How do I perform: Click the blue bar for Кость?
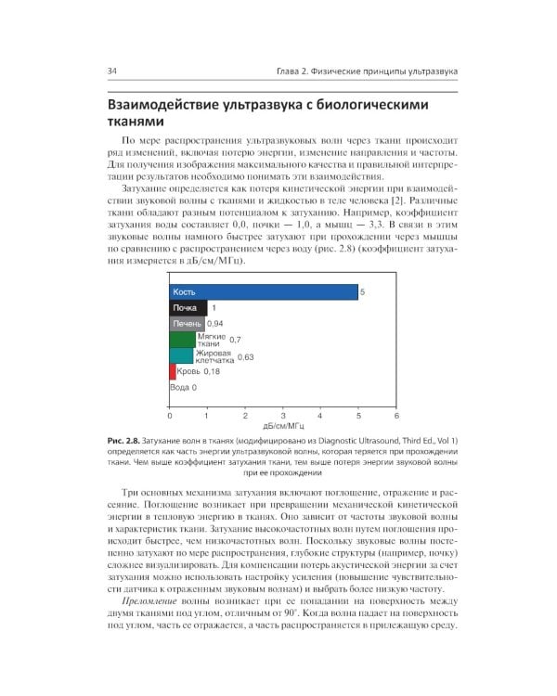263,291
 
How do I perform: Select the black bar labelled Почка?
188,308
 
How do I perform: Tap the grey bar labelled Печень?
187,324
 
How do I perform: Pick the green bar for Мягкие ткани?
182,340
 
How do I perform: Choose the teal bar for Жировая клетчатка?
181,355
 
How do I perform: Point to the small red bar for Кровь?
173,371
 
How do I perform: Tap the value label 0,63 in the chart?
245,356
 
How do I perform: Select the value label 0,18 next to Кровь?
211,371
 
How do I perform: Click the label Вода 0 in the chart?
183,388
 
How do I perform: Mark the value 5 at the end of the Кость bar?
363,291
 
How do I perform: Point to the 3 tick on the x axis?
282,418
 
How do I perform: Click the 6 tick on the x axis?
395,418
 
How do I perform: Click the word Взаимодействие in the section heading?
172,104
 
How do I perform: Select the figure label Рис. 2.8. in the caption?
123,440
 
